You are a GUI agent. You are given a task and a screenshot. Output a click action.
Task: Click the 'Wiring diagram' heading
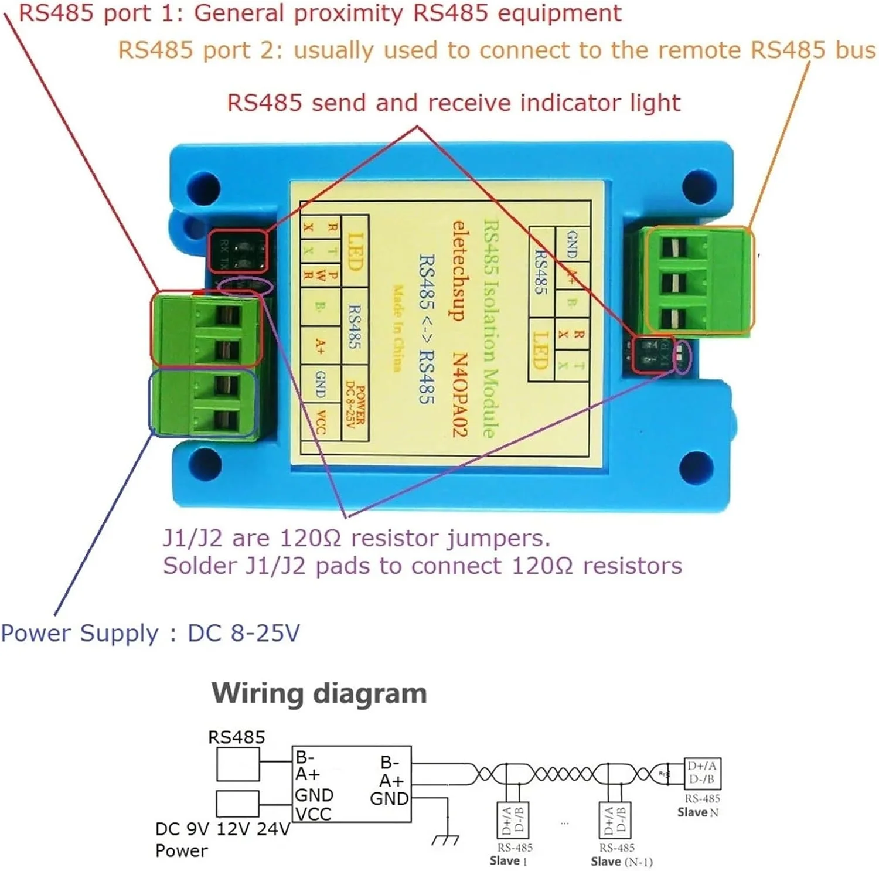[319, 693]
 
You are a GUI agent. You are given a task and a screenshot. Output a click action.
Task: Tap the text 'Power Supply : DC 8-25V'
[150, 633]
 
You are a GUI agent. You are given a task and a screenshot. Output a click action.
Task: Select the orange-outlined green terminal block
[699, 281]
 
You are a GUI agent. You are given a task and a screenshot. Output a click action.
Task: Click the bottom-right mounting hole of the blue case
[696, 467]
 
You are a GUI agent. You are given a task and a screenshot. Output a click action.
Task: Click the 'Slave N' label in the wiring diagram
[697, 812]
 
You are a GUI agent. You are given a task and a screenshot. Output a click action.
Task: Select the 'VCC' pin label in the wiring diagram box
[313, 814]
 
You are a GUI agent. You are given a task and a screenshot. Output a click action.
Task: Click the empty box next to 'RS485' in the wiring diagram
[237, 765]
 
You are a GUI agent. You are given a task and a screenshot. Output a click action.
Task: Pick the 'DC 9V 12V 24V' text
[222, 829]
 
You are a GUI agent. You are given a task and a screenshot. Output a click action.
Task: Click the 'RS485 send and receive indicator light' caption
[454, 103]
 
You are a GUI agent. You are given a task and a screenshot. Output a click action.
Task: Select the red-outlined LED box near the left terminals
[239, 251]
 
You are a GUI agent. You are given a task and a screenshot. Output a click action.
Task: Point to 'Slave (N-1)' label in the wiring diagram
[621, 861]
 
